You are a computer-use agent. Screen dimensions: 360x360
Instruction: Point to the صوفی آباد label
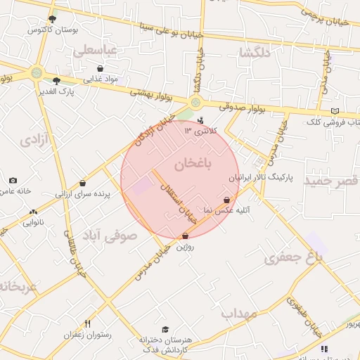click(x=110, y=236)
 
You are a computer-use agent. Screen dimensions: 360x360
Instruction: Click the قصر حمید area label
click(x=330, y=181)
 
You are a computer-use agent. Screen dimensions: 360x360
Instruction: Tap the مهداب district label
click(x=240, y=313)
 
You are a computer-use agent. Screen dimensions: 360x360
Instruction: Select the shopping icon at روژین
click(x=185, y=236)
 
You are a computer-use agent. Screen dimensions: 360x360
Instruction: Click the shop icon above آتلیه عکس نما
click(x=226, y=200)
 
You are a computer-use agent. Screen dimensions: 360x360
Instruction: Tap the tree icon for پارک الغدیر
click(x=56, y=80)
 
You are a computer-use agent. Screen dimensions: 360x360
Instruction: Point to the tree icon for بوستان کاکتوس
click(x=53, y=19)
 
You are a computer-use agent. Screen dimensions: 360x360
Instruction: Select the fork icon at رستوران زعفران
click(x=87, y=324)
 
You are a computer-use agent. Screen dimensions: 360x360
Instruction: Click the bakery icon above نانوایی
click(x=33, y=212)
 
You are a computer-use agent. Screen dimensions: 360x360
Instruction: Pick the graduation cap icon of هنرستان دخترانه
click(x=165, y=329)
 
